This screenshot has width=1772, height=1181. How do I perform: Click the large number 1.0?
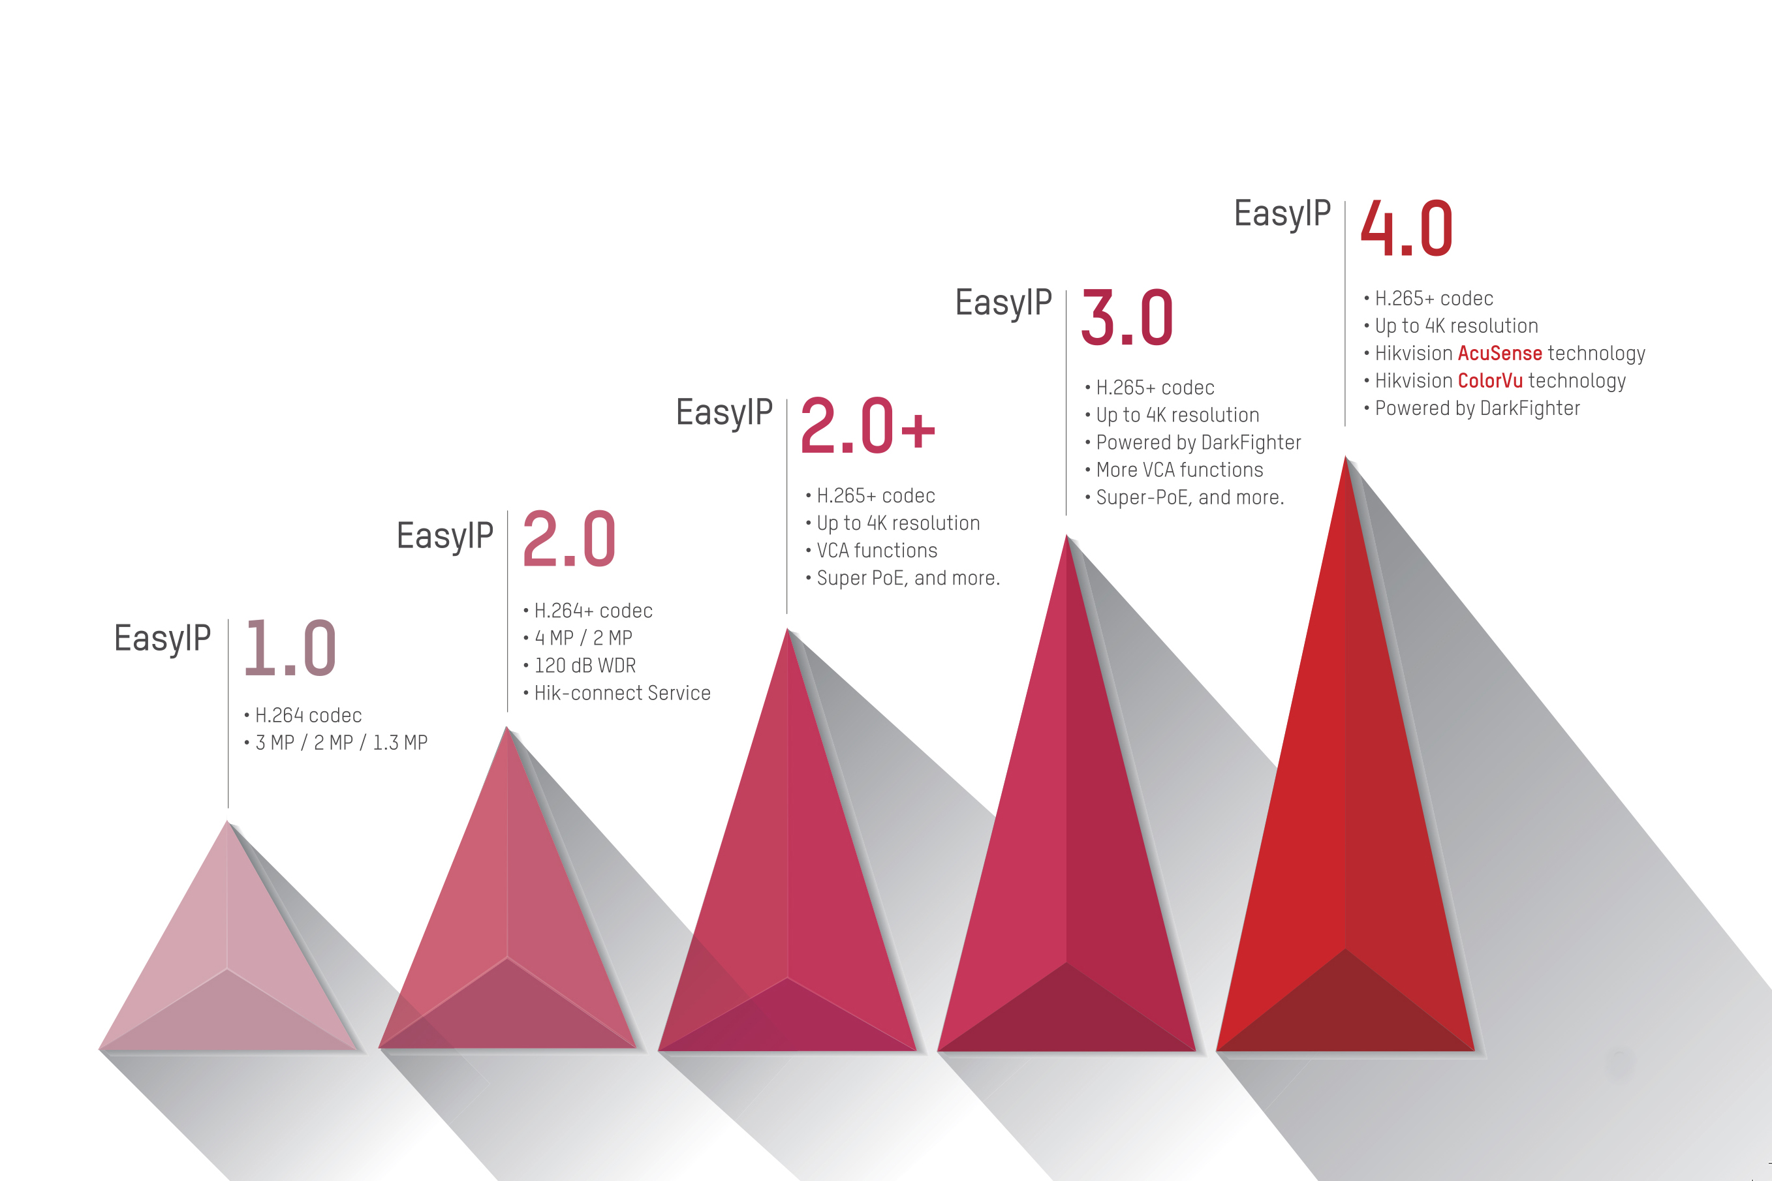click(290, 648)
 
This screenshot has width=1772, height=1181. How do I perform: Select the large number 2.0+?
click(868, 425)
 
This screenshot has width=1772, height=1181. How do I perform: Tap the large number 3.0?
click(1127, 317)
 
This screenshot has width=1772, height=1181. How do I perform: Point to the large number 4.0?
click(1407, 228)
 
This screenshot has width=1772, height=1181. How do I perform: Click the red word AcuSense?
click(1500, 353)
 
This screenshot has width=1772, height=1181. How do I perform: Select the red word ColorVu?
click(1490, 380)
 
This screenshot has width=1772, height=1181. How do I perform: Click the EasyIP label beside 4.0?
click(1282, 214)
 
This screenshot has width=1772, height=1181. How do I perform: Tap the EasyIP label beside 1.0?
click(162, 639)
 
